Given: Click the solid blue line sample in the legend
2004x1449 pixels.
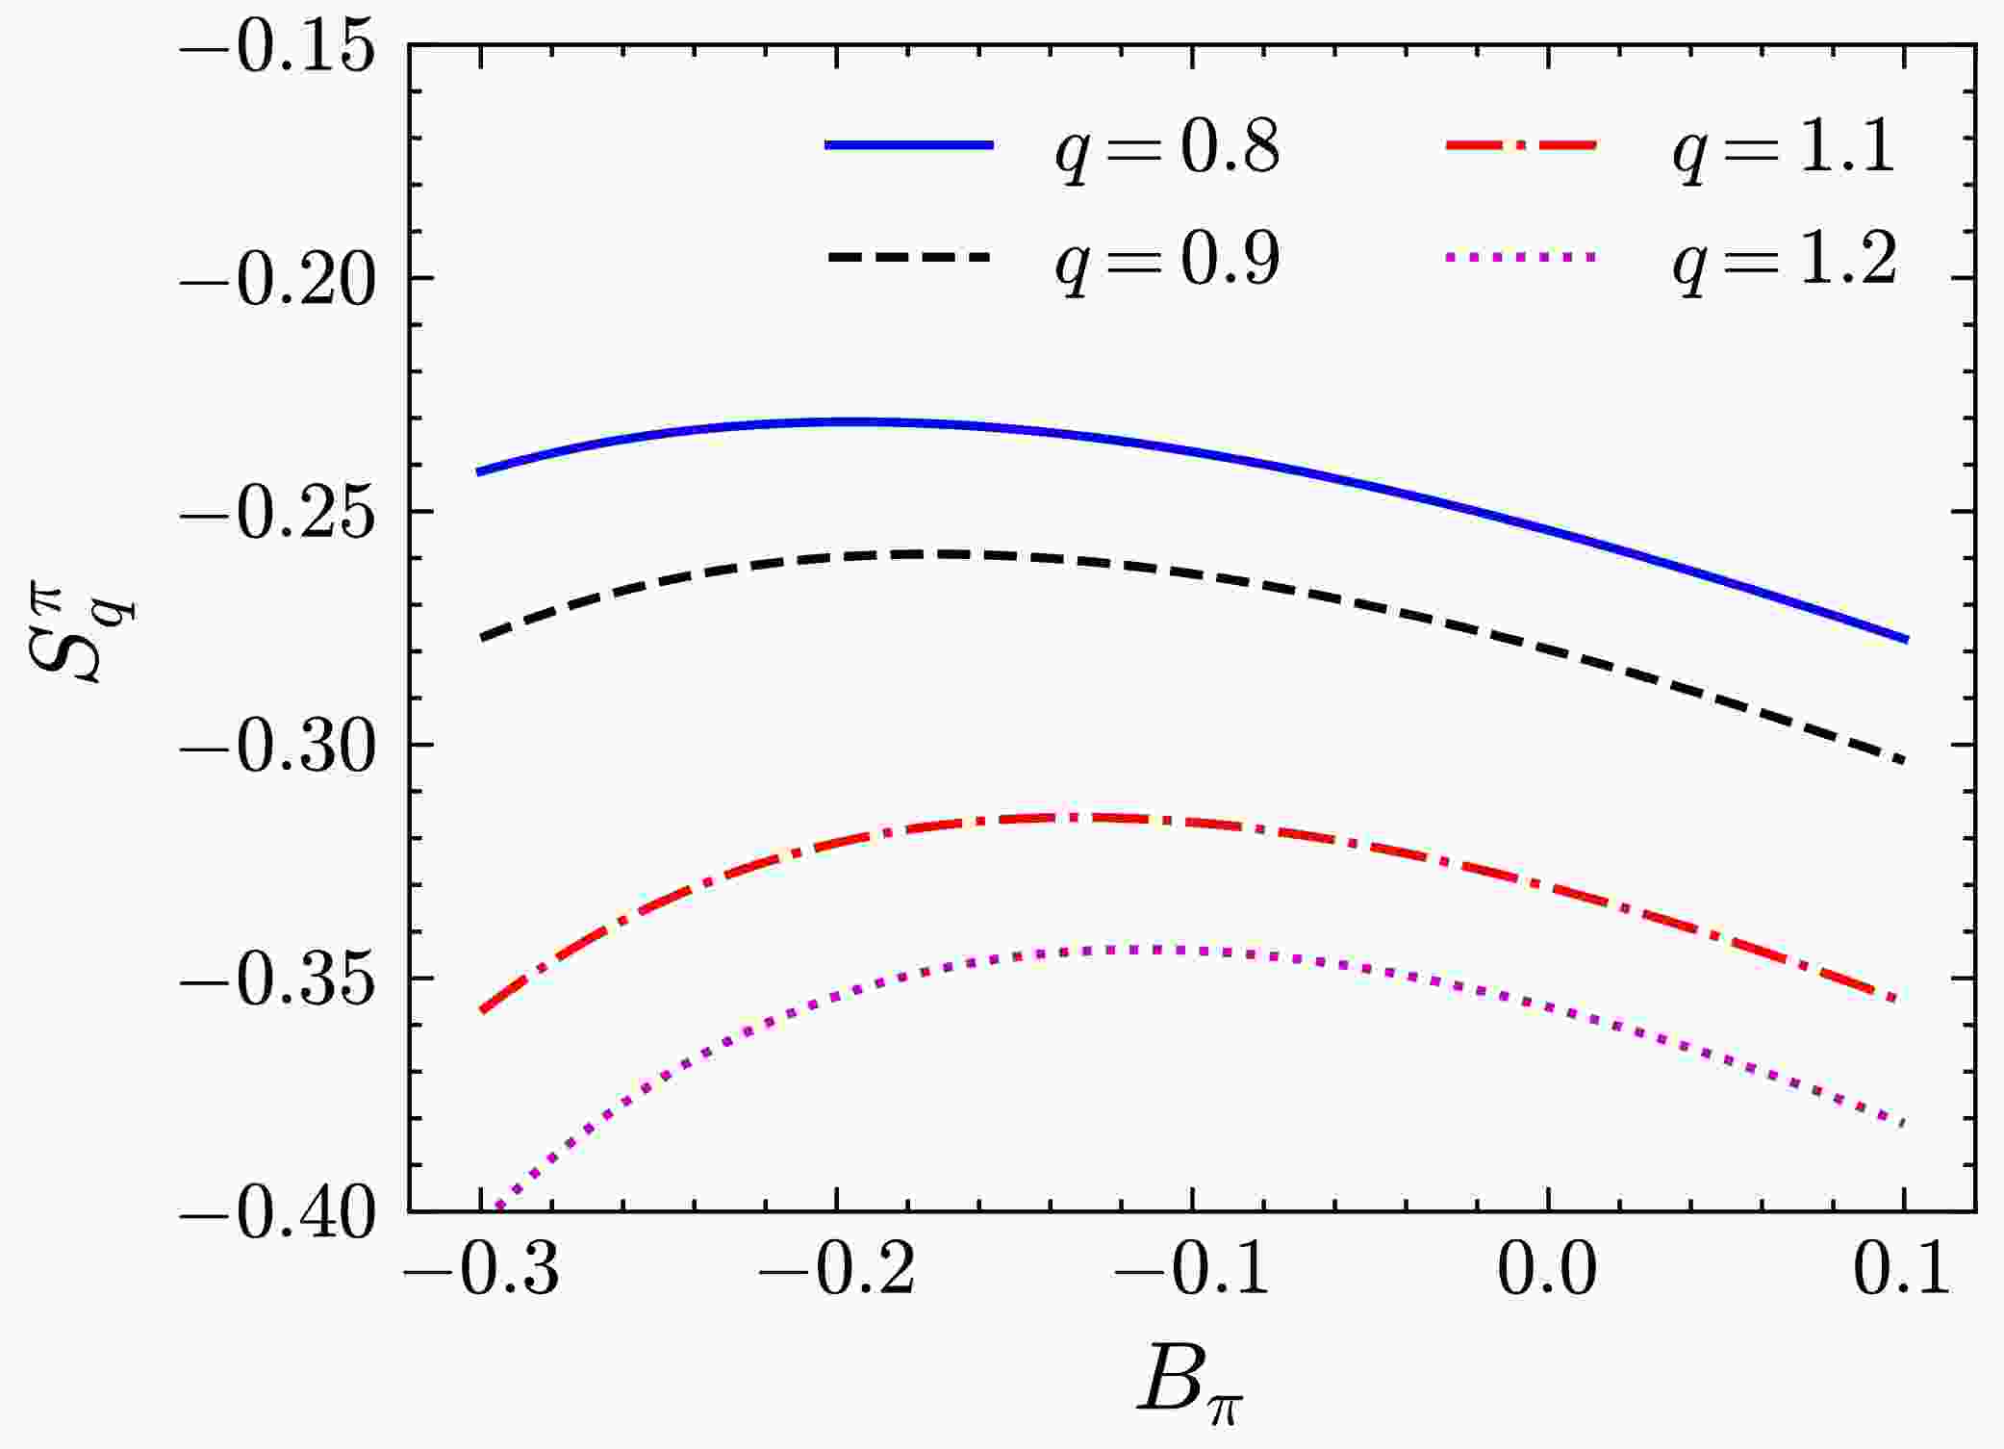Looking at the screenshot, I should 909,145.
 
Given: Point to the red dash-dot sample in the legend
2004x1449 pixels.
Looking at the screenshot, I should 1521,145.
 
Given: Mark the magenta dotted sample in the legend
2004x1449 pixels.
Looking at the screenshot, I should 1521,257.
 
